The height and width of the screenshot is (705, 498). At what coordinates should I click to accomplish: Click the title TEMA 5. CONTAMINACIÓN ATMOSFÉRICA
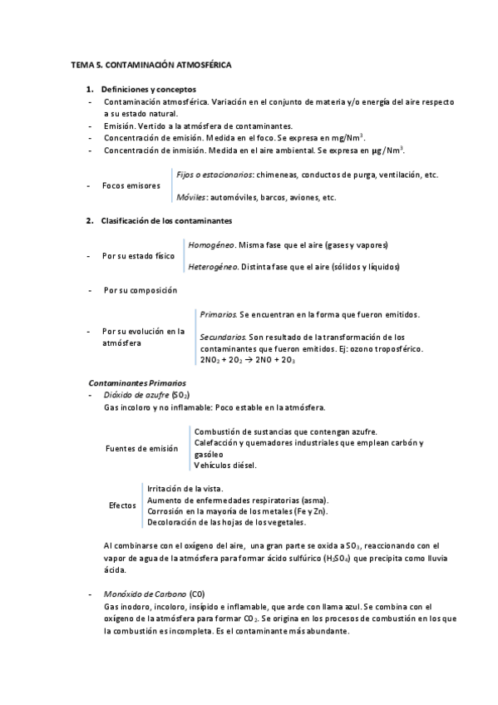pos(151,64)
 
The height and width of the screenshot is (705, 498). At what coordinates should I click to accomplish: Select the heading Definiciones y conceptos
pos(148,88)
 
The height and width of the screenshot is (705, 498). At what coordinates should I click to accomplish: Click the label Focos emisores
pos(131,186)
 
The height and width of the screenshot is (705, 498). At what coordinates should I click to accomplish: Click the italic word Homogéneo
pos(211,245)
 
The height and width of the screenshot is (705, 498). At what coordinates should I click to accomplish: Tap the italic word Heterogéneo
pos(214,267)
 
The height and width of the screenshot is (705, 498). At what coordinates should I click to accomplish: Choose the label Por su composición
pos(141,290)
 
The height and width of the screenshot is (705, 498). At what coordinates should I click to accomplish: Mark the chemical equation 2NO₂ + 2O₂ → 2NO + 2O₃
pos(248,359)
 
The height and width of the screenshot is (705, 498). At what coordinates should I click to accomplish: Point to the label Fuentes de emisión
pos(141,449)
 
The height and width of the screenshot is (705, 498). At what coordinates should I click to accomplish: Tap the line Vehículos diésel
pos(225,465)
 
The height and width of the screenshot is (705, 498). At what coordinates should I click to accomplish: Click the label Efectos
pos(123,505)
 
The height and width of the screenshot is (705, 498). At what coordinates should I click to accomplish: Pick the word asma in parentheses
pos(314,500)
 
